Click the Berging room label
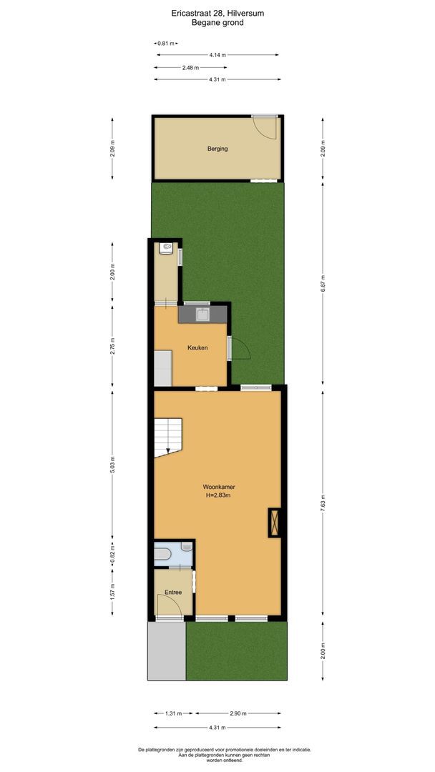(x=217, y=149)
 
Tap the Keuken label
(x=197, y=347)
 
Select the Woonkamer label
(x=218, y=487)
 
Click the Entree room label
(x=172, y=592)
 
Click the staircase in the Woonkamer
(x=169, y=436)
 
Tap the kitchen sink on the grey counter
(x=202, y=313)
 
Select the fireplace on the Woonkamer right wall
(x=273, y=522)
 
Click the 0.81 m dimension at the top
(x=165, y=44)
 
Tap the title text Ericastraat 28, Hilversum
(x=217, y=13)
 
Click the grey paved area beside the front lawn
(x=166, y=650)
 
